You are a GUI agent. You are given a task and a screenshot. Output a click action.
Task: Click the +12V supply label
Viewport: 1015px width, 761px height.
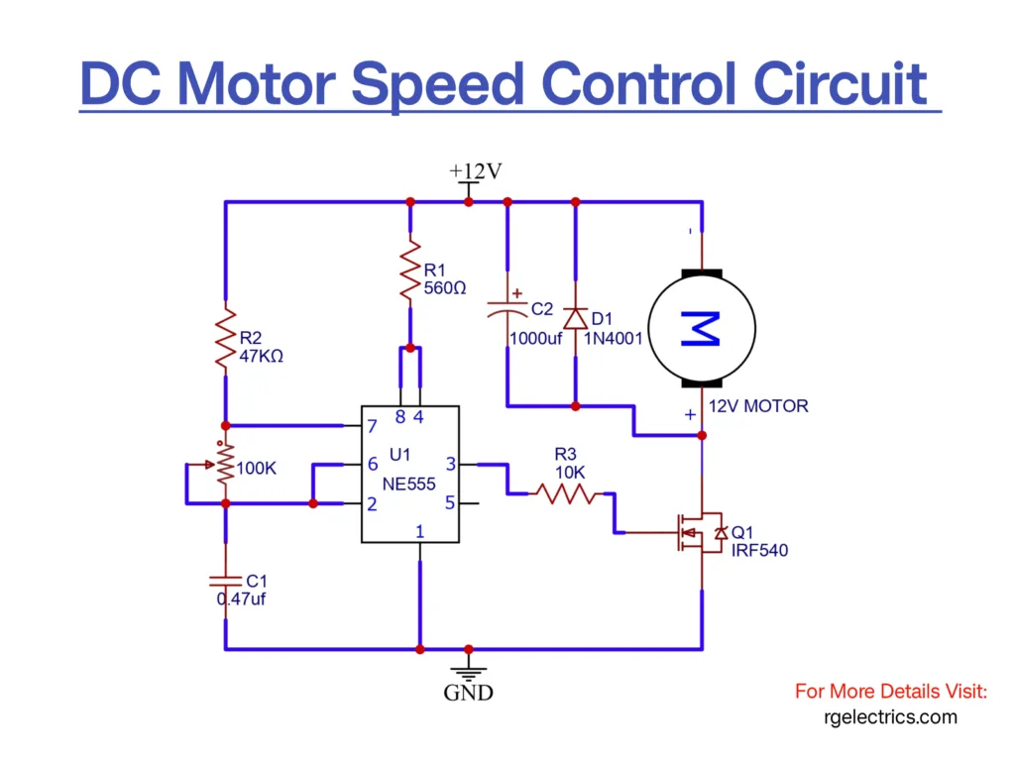476,171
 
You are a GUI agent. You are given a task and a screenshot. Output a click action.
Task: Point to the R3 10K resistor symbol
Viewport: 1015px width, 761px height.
565,492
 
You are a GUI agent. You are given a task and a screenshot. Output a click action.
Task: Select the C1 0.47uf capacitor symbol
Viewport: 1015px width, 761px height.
225,579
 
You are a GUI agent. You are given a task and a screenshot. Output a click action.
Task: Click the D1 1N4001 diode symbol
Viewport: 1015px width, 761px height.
575,318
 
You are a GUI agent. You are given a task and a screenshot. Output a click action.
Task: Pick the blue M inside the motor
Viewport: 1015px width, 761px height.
702,327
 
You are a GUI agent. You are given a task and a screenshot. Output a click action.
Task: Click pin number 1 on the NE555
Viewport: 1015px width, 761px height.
420,532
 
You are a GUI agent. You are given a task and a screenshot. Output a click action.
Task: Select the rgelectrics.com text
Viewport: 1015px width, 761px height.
890,716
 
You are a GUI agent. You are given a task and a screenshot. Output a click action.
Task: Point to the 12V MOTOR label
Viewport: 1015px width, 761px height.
758,405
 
